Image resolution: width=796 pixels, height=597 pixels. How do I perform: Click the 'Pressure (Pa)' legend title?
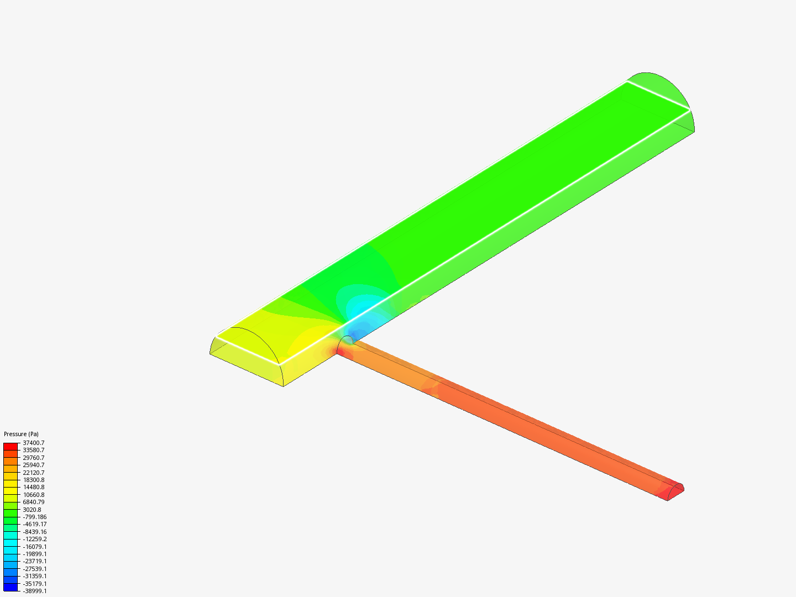pos(21,434)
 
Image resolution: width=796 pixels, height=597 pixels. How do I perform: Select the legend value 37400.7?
pos(33,443)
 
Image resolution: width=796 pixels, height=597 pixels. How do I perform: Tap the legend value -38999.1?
pos(34,591)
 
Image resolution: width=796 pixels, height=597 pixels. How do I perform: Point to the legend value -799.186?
pos(34,517)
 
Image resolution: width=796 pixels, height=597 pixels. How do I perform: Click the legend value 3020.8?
pos(32,510)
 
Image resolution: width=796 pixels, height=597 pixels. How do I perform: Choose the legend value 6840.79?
pos(33,502)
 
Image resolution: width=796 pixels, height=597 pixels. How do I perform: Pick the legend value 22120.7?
pos(33,473)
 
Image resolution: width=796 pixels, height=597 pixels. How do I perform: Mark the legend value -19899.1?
pos(34,554)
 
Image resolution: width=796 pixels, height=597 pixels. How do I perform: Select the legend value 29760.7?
pos(33,458)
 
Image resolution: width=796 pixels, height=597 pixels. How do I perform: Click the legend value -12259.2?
pos(34,539)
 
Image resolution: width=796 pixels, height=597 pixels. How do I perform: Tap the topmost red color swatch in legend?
pos(11,446)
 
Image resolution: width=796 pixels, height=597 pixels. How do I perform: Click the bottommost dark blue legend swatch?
pos(11,587)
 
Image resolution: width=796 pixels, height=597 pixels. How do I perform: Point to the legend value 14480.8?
pos(33,487)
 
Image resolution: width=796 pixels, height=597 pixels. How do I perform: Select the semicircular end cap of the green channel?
pos(661,88)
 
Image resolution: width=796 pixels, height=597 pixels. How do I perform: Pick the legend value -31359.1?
pos(34,576)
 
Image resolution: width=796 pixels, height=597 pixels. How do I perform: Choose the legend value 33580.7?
pos(33,450)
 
